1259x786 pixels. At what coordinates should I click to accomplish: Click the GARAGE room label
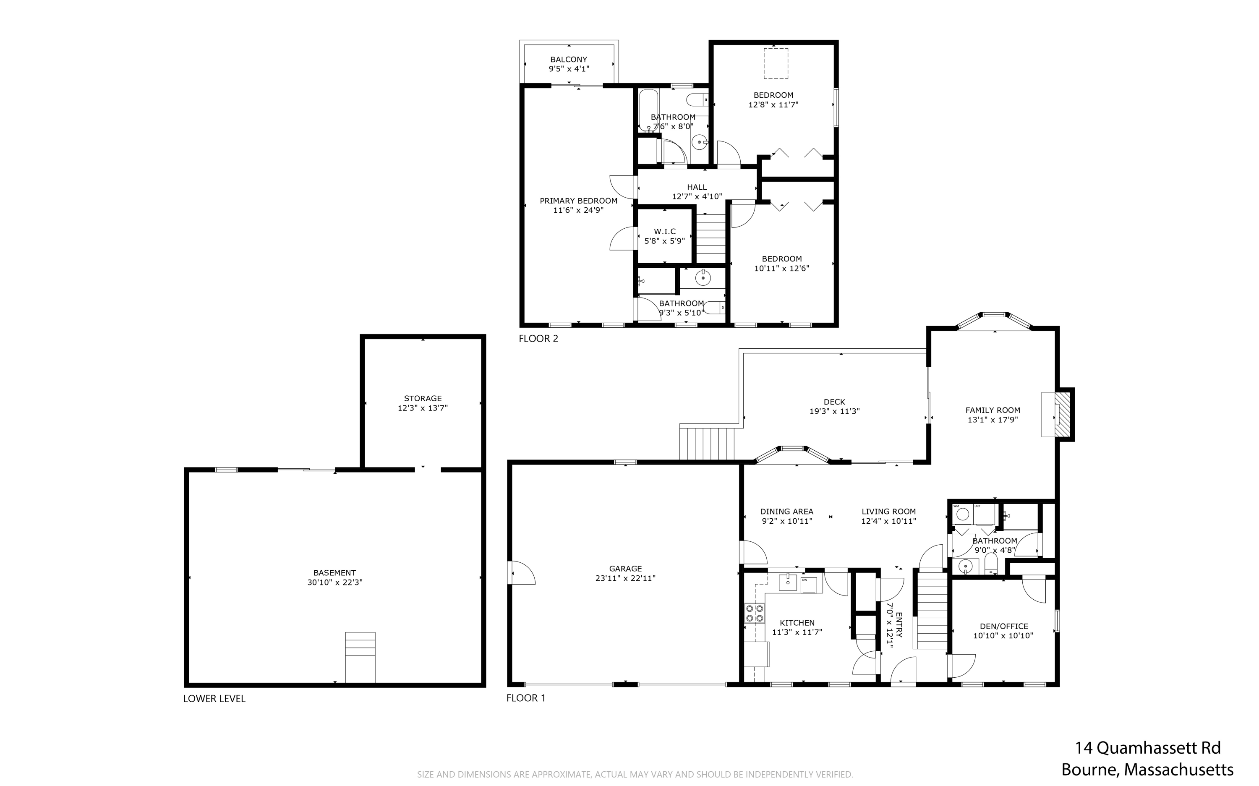click(625, 568)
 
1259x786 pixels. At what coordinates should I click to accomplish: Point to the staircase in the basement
click(360, 657)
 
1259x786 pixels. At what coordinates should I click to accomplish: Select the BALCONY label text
click(569, 59)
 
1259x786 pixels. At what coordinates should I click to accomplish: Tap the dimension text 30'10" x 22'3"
click(335, 582)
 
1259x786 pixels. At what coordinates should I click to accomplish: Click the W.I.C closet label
click(665, 231)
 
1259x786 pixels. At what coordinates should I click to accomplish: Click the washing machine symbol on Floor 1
click(963, 514)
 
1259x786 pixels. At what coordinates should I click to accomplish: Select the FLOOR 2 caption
click(538, 338)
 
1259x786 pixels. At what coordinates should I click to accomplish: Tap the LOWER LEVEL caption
click(214, 699)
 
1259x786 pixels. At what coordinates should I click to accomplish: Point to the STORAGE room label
click(423, 398)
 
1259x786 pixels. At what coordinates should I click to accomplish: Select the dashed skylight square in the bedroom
click(776, 63)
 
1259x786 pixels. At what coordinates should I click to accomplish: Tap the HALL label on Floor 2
click(697, 187)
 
